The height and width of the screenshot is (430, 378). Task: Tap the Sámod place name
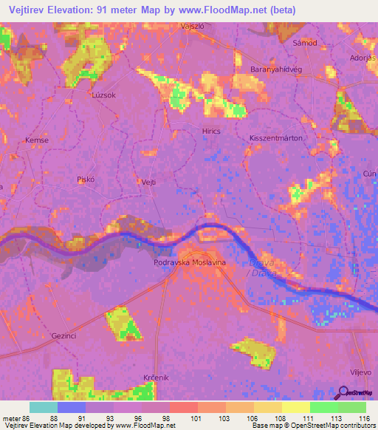coord(304,43)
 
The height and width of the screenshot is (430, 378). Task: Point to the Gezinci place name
coord(65,335)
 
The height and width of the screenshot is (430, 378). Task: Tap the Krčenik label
coord(156,378)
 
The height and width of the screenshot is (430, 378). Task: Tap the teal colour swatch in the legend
coord(44,407)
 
